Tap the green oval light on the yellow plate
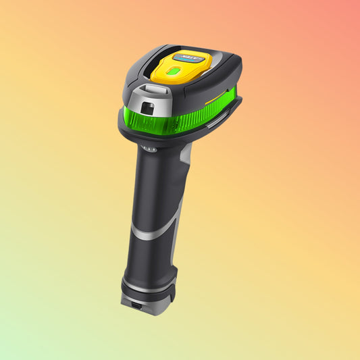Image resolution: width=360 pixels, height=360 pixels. coord(174,71)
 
